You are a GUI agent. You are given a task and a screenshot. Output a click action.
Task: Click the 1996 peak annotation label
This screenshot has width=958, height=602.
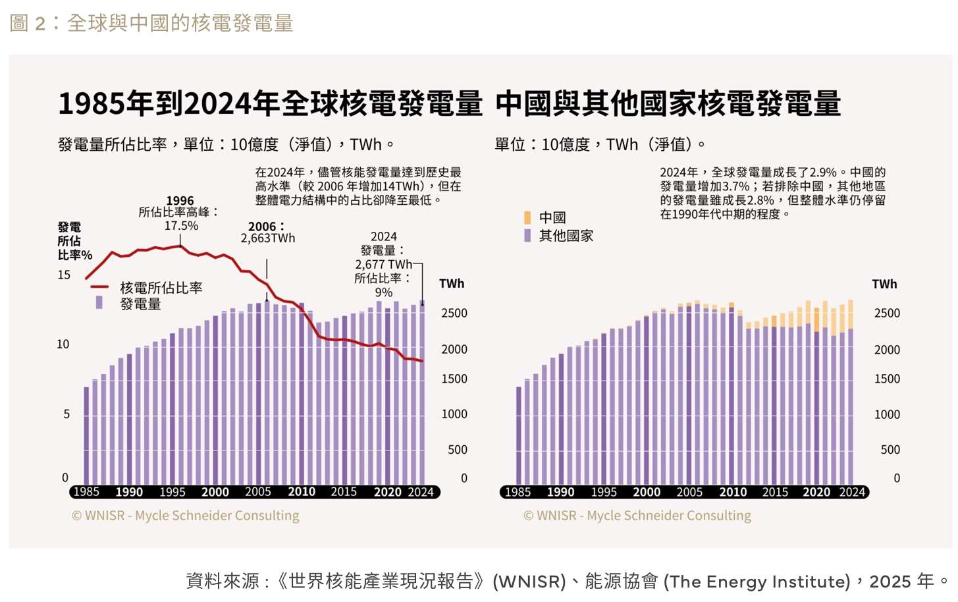[180, 201]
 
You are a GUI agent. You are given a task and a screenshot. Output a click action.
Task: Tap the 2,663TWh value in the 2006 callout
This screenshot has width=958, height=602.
[268, 238]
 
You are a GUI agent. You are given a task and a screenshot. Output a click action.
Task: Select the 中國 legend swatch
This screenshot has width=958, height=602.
[527, 217]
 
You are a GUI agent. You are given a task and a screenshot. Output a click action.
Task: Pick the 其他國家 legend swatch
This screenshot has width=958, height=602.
[527, 235]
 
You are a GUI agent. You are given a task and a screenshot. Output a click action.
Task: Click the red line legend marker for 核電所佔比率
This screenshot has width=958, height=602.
[99, 287]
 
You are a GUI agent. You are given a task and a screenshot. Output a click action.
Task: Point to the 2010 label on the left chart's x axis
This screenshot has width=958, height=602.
[302, 492]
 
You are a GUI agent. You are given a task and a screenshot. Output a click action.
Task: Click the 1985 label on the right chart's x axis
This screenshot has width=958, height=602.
[518, 492]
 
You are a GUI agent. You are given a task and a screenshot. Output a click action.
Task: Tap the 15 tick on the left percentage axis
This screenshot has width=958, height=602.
[64, 275]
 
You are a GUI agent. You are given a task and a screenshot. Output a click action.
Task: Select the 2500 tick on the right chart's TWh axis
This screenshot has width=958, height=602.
[887, 314]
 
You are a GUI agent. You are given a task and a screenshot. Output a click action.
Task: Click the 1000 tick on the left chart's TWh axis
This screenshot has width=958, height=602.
[454, 414]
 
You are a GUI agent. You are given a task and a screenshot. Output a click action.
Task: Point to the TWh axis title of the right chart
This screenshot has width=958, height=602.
[884, 284]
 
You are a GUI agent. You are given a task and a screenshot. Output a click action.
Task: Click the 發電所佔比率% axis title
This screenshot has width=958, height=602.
[74, 241]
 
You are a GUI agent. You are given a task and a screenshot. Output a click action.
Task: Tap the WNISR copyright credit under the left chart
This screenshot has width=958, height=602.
[185, 516]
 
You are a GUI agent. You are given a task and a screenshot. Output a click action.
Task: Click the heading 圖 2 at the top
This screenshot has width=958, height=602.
[28, 24]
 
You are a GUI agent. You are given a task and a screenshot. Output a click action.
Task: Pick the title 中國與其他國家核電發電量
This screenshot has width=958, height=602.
[668, 104]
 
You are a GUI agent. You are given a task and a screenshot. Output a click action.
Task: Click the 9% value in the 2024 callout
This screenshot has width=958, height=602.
[384, 292]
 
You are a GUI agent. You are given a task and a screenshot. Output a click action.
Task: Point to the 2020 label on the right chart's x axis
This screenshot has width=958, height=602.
[816, 492]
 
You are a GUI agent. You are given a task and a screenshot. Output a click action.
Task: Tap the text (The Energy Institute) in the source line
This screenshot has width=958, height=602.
[757, 582]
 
